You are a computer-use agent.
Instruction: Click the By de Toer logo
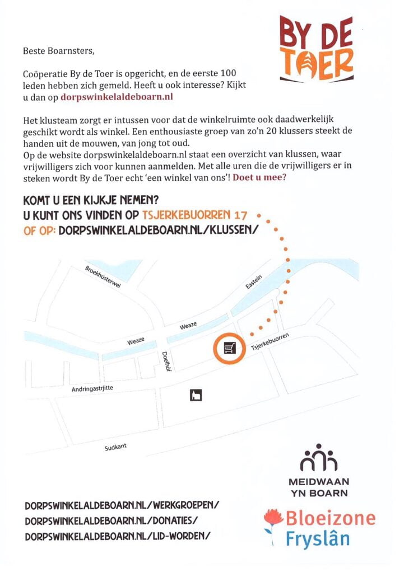pos(317,48)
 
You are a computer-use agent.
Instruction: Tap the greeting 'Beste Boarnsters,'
pos(59,51)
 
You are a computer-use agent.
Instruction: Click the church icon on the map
pos(196,396)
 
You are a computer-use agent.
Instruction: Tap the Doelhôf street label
pos(165,361)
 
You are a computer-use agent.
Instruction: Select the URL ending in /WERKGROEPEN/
pos(122,505)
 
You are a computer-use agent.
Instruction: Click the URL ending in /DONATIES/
pos(111,520)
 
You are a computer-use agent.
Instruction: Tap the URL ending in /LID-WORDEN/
pos(118,536)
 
